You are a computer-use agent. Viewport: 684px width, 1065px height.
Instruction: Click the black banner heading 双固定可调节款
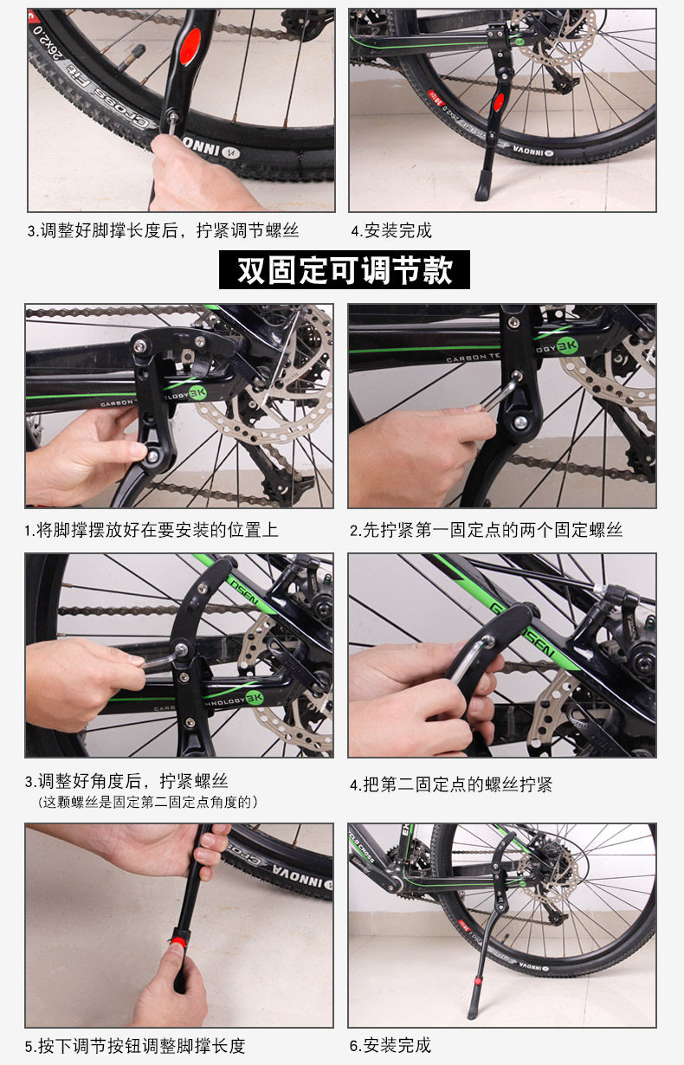344,269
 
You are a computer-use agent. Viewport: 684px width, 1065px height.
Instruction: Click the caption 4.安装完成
391,231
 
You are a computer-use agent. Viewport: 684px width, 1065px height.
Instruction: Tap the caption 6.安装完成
390,1045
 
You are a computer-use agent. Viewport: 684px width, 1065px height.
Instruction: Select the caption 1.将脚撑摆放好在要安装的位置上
152,530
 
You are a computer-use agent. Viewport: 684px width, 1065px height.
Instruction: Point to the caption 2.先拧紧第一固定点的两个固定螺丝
486,530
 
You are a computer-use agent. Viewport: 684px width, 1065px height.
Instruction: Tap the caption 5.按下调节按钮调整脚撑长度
135,1046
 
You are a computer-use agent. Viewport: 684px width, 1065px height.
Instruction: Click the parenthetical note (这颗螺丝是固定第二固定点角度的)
147,803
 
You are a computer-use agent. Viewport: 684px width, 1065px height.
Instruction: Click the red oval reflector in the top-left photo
190,47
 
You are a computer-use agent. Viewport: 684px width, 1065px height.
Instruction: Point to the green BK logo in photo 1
197,393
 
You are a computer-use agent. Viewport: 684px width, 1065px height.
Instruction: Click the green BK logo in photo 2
566,345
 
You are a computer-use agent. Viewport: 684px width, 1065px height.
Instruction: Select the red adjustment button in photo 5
178,942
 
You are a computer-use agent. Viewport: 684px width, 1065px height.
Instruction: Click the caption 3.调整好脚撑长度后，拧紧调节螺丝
163,231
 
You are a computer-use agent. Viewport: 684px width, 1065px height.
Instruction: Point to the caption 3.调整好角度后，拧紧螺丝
126,781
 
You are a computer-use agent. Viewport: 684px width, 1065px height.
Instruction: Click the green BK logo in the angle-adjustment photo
254,698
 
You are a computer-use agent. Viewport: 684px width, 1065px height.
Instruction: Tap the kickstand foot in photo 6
473,1010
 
